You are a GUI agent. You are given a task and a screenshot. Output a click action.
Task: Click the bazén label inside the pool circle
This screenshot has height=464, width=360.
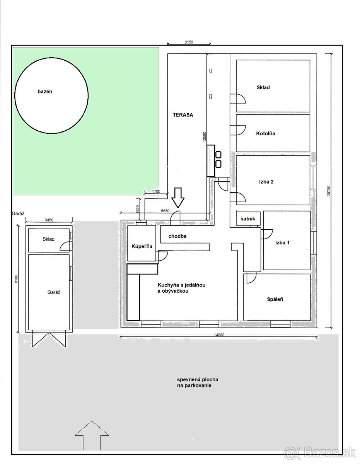point(45,92)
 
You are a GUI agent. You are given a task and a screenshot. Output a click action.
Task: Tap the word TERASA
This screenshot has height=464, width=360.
point(183,115)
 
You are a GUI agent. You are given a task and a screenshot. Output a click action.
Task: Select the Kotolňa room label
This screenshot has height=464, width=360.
point(265,133)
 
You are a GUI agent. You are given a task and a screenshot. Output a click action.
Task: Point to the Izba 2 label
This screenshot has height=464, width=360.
point(266,182)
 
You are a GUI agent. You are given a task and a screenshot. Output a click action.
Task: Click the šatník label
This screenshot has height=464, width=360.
point(248,218)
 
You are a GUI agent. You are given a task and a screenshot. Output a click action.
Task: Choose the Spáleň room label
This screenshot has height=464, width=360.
point(275,299)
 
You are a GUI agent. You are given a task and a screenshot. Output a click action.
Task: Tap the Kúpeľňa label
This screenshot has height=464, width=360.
point(142,246)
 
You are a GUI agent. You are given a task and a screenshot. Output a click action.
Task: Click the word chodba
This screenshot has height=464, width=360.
point(177,236)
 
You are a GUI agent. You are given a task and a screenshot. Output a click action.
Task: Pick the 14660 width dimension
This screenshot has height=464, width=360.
point(219,335)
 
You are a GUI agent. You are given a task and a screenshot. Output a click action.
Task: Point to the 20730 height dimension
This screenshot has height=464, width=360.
point(329,191)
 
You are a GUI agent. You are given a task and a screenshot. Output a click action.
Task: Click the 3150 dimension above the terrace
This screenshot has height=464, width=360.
point(189,42)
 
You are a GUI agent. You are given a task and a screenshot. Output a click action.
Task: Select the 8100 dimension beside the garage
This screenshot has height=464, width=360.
point(17,279)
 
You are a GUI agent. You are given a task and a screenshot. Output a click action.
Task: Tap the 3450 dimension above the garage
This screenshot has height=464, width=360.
point(49,220)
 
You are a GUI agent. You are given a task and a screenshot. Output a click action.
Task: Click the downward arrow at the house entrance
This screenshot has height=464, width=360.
point(178,198)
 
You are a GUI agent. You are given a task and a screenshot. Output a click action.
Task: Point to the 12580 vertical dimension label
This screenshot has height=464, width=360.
point(205,136)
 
